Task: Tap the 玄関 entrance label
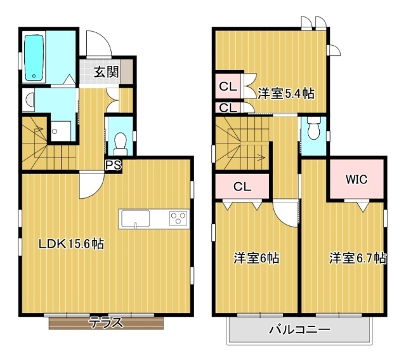click(107, 71)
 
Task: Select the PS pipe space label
click(113, 166)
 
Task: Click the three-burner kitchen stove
click(178, 218)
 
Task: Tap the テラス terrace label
click(105, 323)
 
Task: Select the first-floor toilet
click(121, 140)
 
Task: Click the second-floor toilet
click(312, 130)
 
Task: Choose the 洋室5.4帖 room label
click(285, 93)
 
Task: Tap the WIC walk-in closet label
click(356, 180)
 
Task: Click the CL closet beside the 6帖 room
click(242, 187)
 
